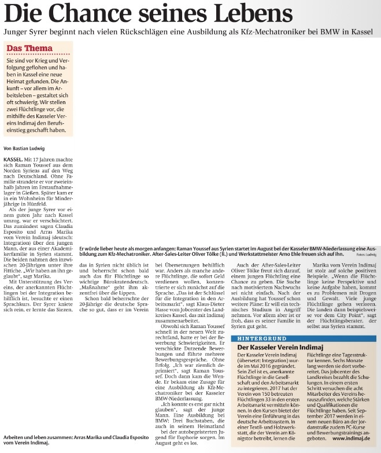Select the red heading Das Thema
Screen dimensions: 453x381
click(29, 48)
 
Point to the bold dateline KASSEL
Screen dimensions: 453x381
click(13, 158)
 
